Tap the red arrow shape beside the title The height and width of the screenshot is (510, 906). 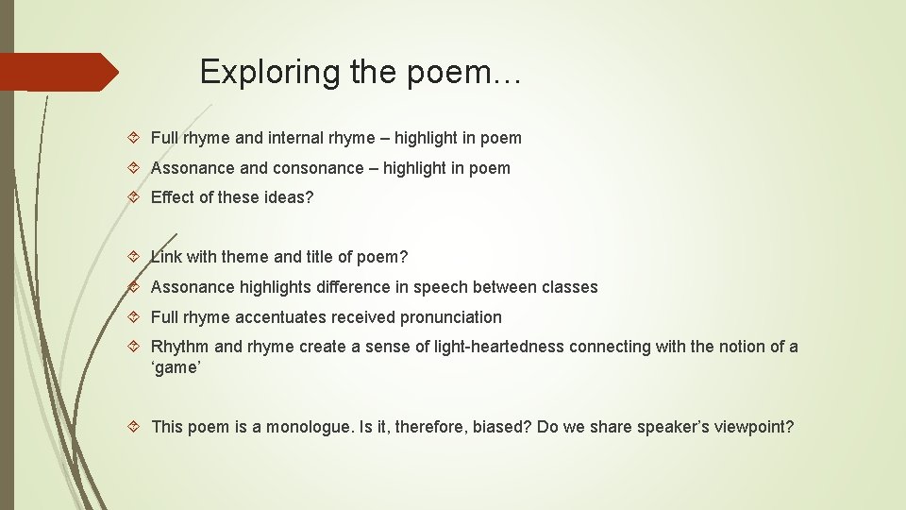[x=59, y=72]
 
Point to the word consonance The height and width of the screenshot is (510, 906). [x=318, y=168]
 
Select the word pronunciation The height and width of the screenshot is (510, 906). [x=451, y=317]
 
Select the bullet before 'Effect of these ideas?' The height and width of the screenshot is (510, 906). [x=134, y=198]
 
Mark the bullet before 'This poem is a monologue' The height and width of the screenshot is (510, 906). [x=134, y=427]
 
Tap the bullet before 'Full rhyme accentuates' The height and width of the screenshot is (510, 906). [x=134, y=317]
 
